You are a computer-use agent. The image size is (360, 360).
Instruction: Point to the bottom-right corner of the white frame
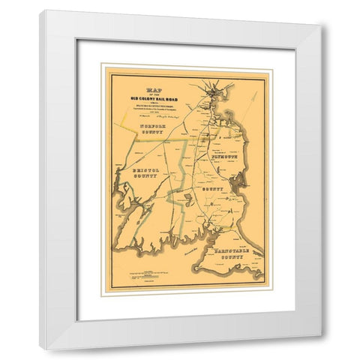tap(322, 349)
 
